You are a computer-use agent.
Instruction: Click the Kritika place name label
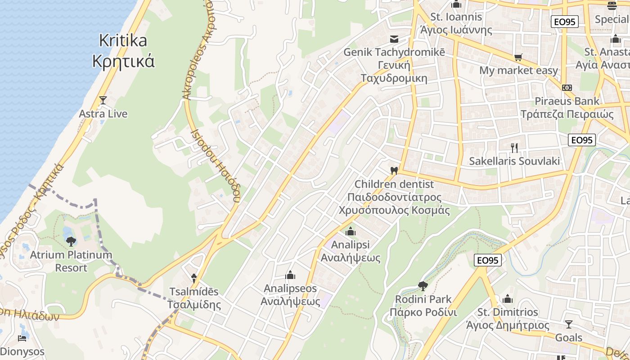pos(123,50)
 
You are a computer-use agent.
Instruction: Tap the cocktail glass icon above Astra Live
pos(103,100)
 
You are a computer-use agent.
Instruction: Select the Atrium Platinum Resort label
pos(71,261)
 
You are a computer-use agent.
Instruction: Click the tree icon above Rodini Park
pos(423,286)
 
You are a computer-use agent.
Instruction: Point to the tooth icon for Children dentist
pos(394,171)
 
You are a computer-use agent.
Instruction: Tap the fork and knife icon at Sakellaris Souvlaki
pos(514,147)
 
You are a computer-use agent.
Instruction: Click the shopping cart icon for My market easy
pos(518,57)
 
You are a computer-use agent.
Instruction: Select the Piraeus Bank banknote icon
pos(567,87)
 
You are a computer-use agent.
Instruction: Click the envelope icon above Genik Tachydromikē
pos(394,39)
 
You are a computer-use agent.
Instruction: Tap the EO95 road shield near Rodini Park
pos(488,260)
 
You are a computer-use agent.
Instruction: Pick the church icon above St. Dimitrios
pos(508,299)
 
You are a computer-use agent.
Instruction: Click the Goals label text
pos(569,337)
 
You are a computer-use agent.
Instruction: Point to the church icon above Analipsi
pos(351,232)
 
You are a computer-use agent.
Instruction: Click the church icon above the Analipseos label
pos(290,275)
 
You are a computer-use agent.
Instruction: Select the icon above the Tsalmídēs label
pos(194,278)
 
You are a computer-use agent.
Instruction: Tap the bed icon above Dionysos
pos(22,338)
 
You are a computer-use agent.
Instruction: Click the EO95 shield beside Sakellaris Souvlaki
pos(582,140)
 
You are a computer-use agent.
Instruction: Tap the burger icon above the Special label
pos(612,6)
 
